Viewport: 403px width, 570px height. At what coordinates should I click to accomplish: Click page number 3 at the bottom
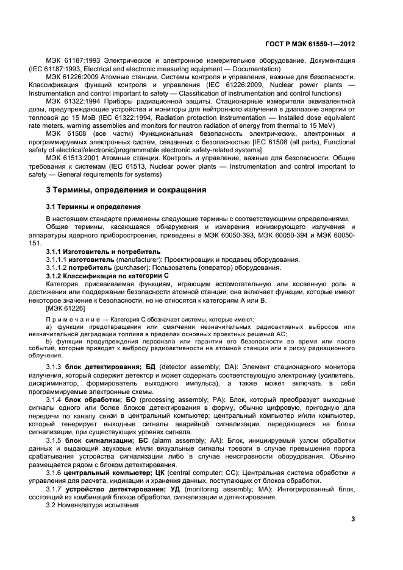click(353, 519)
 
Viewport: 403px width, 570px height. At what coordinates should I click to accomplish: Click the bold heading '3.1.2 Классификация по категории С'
click(107, 276)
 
